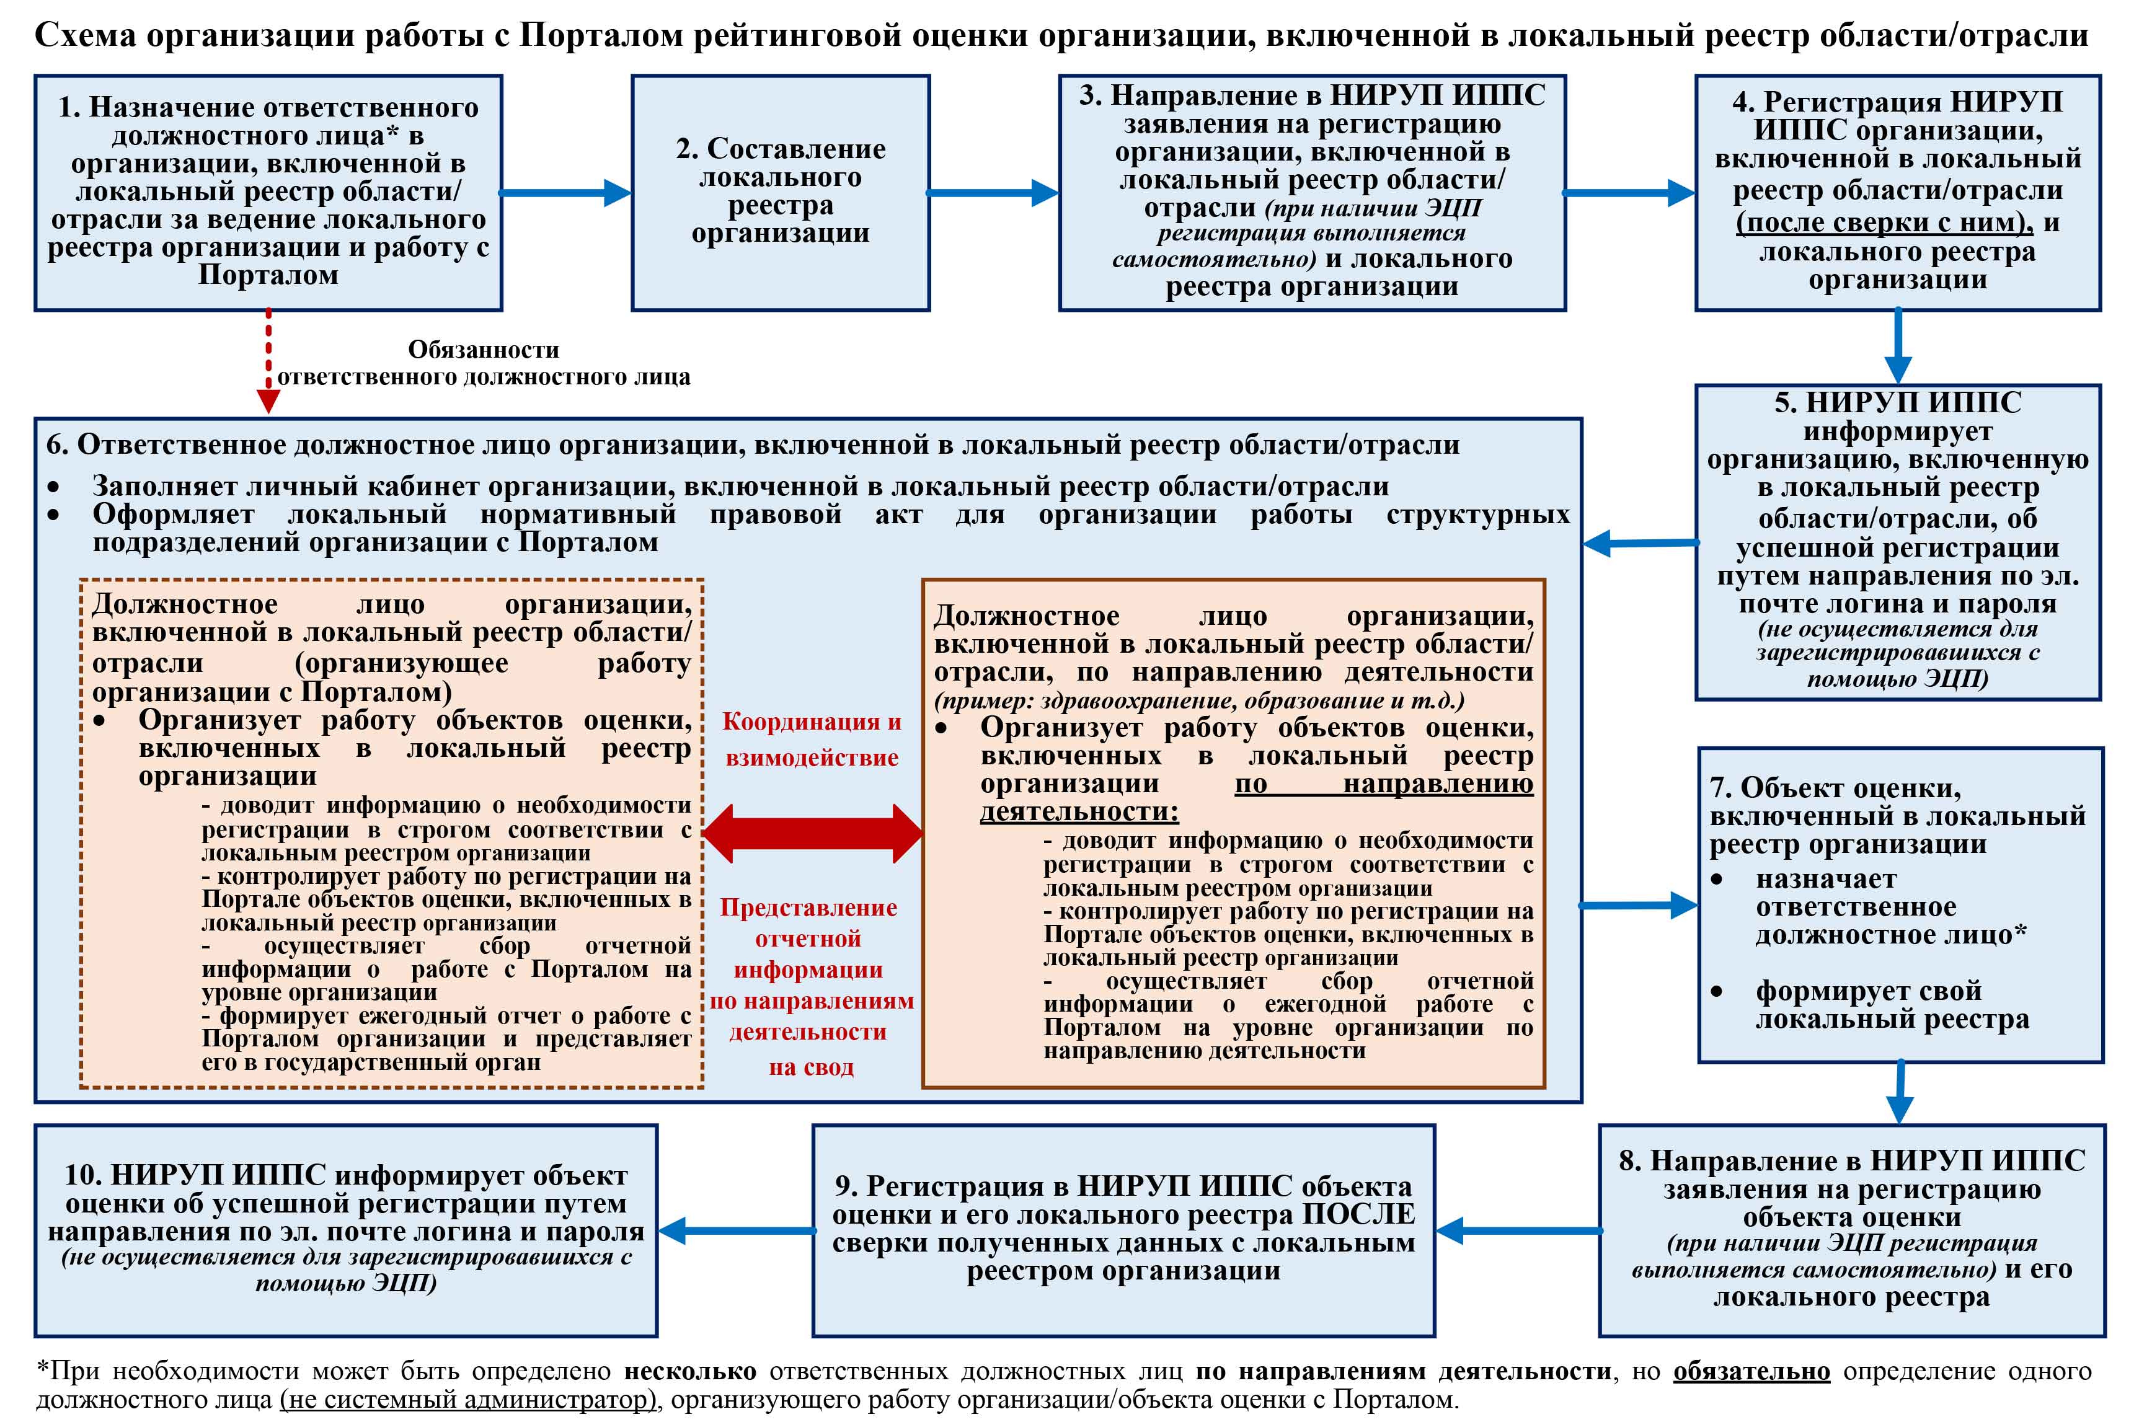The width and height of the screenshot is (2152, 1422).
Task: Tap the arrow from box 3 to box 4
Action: pyautogui.click(x=1629, y=192)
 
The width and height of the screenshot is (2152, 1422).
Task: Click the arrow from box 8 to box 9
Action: pyautogui.click(x=1518, y=1230)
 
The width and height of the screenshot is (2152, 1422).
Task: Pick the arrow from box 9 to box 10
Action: pyautogui.click(x=737, y=1230)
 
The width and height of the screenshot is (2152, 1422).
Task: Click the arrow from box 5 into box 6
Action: pyautogui.click(x=1640, y=543)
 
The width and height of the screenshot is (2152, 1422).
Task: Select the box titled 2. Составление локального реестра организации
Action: pyautogui.click(x=781, y=192)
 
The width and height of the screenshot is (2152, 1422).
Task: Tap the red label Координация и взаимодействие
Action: pyautogui.click(x=812, y=739)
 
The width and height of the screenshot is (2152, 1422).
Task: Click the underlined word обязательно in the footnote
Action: pyautogui.click(x=1751, y=1371)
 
